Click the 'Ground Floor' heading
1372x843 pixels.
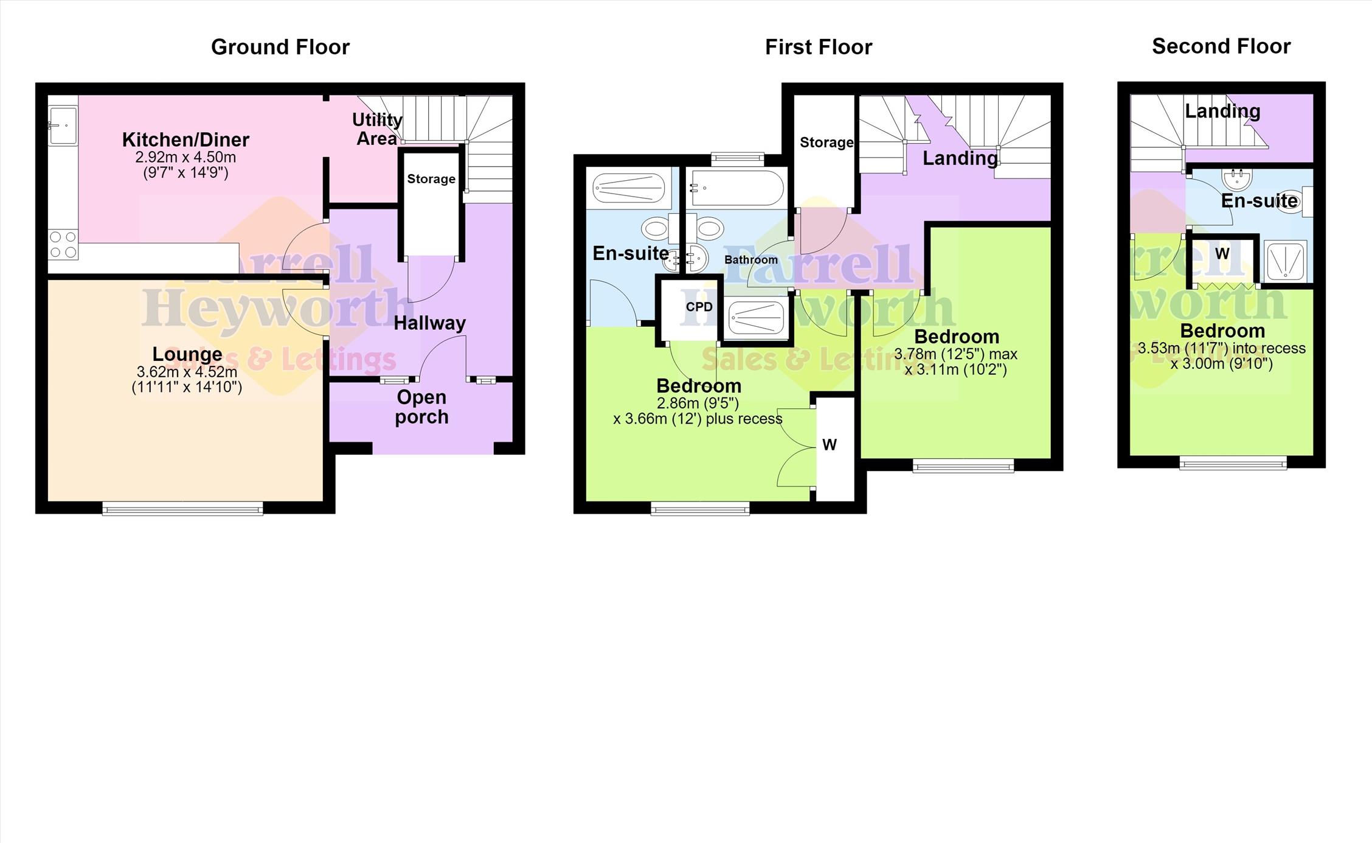[x=280, y=47]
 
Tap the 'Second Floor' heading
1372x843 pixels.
[x=1221, y=46]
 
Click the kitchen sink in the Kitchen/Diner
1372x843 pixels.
[x=63, y=125]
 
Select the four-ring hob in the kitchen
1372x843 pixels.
[x=63, y=244]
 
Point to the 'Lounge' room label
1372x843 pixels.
[x=187, y=354]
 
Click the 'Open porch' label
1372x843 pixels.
[x=421, y=407]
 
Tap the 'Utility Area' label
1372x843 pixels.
[x=377, y=128]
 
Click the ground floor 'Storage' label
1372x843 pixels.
[x=431, y=179]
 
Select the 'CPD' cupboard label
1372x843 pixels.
[x=699, y=307]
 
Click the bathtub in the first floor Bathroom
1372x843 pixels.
[x=738, y=187]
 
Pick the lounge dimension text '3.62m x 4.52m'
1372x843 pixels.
[x=187, y=371]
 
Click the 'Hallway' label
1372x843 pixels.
[x=429, y=323]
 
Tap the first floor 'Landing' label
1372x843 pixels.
[x=960, y=158]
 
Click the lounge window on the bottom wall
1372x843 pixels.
[x=182, y=508]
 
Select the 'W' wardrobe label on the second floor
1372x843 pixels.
[x=1222, y=253]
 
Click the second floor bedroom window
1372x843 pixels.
[x=1233, y=463]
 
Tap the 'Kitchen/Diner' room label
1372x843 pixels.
[x=185, y=139]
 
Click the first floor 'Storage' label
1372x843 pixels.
[x=826, y=142]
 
